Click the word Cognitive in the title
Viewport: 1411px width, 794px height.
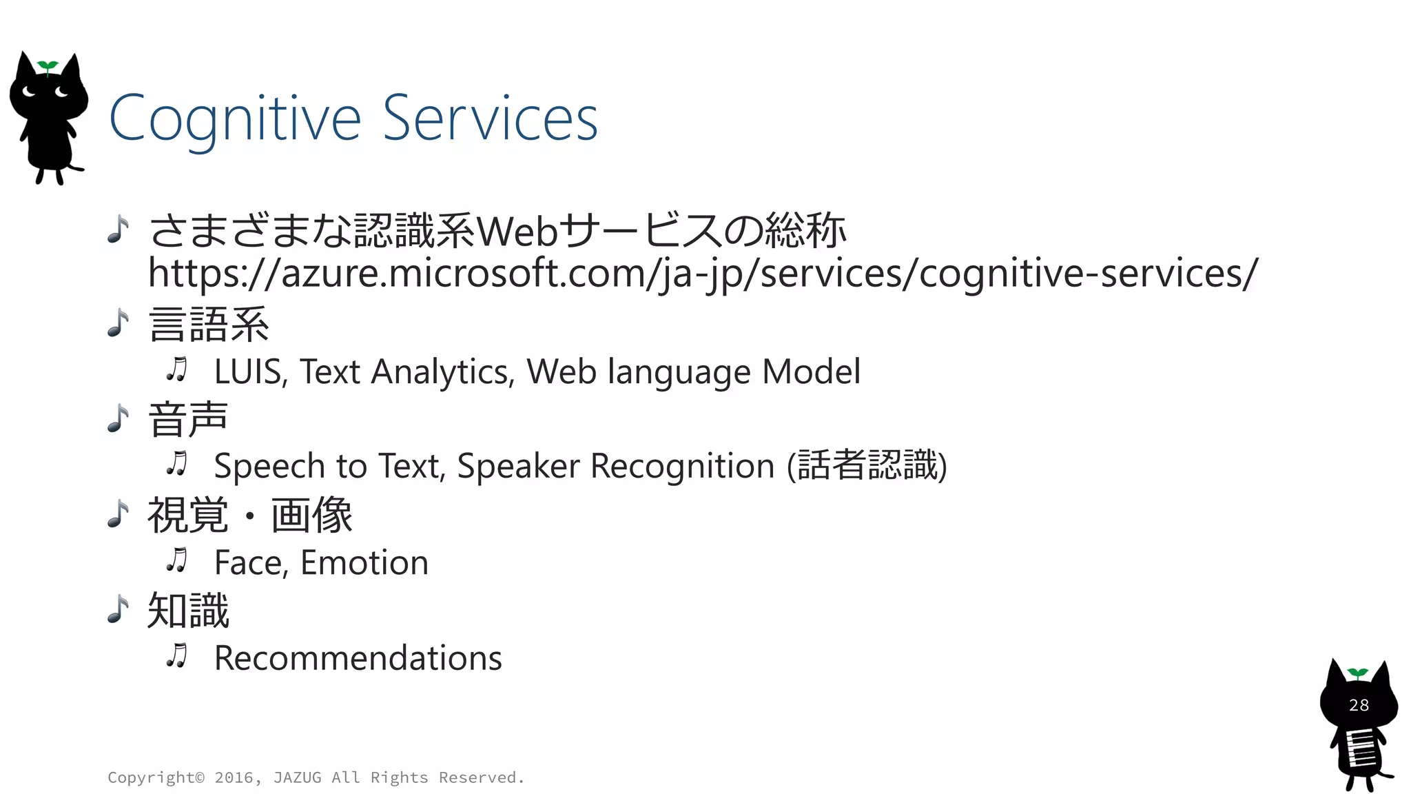(x=235, y=119)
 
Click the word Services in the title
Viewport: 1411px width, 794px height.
(x=490, y=119)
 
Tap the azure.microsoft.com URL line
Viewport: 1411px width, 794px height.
(x=703, y=273)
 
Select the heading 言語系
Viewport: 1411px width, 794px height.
(x=209, y=325)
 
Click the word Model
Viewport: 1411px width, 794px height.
(x=811, y=372)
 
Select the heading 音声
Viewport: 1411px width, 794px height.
(x=187, y=419)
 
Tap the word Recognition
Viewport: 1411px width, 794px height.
(x=682, y=467)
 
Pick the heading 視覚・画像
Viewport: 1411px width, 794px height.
(x=249, y=515)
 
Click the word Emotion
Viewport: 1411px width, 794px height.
(x=364, y=563)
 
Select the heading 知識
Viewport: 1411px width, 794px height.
(x=187, y=611)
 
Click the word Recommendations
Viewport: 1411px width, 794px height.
(x=358, y=658)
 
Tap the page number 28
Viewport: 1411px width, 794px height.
(x=1359, y=705)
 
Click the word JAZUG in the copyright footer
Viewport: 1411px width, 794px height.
(x=297, y=777)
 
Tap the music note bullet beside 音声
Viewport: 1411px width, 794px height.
(x=119, y=418)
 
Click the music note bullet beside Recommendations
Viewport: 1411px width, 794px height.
(x=177, y=656)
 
